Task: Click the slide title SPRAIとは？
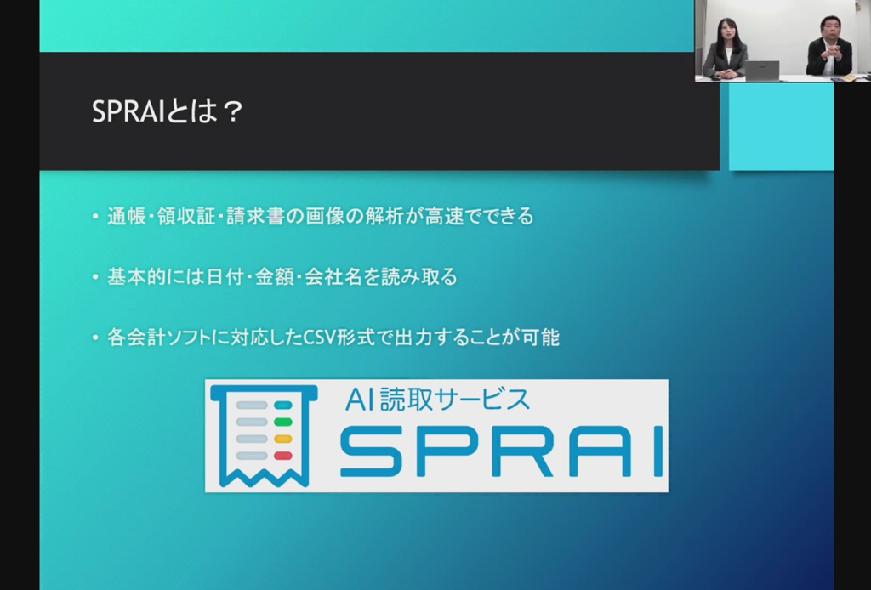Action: tap(168, 111)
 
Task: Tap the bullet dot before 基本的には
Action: tap(95, 276)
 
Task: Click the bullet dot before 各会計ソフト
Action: tap(95, 337)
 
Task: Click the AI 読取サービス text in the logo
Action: tap(437, 400)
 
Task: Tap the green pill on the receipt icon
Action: tap(282, 422)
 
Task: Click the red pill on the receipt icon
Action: tap(282, 456)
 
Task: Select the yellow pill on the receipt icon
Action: tap(282, 439)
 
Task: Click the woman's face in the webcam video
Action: tap(726, 34)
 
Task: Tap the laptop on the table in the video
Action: tap(761, 71)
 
